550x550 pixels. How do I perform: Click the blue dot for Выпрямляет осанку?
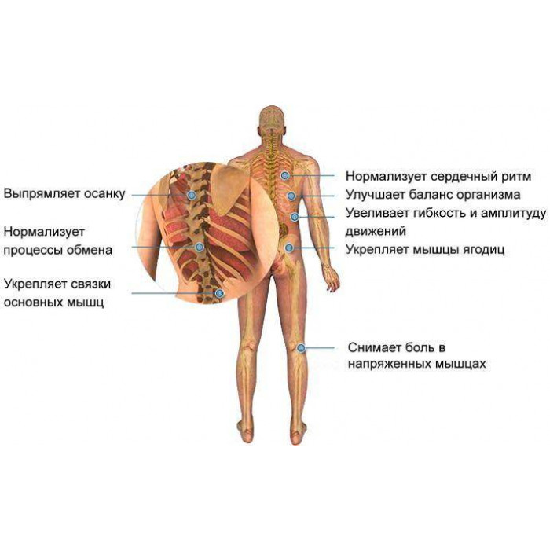[192, 195]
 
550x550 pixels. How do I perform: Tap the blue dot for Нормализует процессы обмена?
[200, 247]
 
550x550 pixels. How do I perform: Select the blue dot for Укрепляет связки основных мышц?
[219, 293]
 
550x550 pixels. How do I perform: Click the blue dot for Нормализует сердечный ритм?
[285, 175]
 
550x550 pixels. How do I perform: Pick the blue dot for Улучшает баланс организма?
[291, 196]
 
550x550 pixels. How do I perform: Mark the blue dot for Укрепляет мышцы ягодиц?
[289, 248]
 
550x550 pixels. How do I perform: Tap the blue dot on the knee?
[301, 348]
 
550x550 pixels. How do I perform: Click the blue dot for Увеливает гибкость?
[295, 217]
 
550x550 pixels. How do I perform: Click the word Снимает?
[374, 347]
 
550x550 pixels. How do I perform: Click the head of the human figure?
[271, 120]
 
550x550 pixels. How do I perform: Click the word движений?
[376, 231]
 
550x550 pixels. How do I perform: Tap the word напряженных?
[390, 364]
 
